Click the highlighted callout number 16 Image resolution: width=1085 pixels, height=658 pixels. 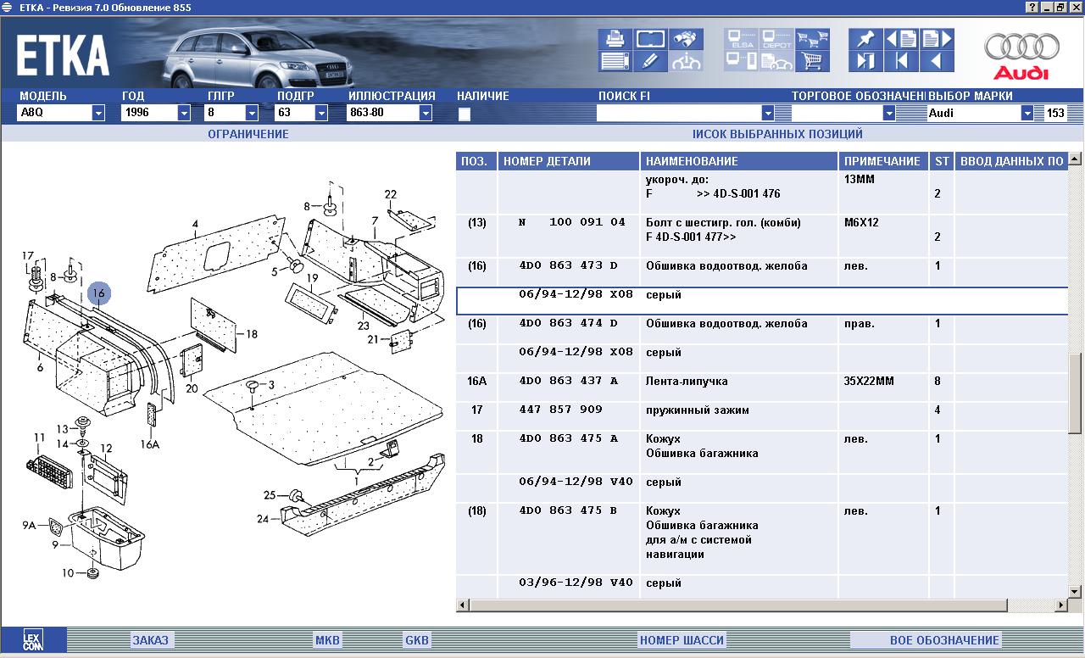(x=99, y=293)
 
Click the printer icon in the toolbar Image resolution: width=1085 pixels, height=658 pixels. (x=615, y=39)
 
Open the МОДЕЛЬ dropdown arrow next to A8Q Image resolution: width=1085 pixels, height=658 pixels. (x=98, y=113)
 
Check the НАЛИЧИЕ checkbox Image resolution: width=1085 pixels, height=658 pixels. (x=464, y=114)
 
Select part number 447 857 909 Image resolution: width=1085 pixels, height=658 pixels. (x=560, y=410)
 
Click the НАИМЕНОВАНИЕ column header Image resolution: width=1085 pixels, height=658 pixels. (x=692, y=161)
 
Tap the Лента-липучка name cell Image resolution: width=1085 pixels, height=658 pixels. (x=687, y=382)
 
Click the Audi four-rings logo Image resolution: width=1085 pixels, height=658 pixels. (x=1021, y=47)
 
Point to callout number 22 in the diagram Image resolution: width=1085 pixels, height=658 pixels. (x=391, y=194)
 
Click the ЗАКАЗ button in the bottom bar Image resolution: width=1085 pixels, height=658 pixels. (x=150, y=640)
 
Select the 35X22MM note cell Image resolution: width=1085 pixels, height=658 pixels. (x=869, y=381)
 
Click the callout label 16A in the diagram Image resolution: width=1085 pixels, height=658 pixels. (x=150, y=444)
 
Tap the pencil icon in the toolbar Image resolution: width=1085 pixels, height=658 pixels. (x=650, y=61)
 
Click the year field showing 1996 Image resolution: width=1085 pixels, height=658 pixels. (x=149, y=113)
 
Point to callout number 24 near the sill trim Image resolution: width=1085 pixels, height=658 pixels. (x=263, y=519)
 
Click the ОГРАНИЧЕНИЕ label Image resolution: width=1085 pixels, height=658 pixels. (x=248, y=134)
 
